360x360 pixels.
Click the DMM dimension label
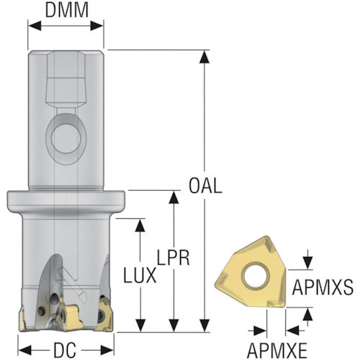point(67,10)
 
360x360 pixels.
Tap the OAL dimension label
point(205,186)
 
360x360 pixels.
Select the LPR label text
point(173,258)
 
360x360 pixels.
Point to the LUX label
point(140,276)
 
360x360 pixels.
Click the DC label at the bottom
point(65,350)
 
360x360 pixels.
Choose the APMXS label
point(323,287)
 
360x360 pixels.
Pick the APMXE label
point(277,350)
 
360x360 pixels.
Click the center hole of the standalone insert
point(255,275)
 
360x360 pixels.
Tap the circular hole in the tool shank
point(66,139)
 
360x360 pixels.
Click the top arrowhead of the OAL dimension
point(204,57)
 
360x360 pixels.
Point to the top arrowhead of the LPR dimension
point(174,198)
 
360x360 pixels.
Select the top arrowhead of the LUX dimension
point(140,226)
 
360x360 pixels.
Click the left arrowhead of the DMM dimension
point(35,26)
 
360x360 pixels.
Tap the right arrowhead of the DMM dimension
point(96,26)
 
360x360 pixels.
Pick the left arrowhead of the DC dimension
point(25,351)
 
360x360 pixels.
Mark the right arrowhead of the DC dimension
point(107,351)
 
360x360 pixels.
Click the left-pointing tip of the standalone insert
point(215,284)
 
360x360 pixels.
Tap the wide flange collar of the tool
point(66,202)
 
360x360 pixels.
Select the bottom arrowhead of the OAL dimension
point(204,325)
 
